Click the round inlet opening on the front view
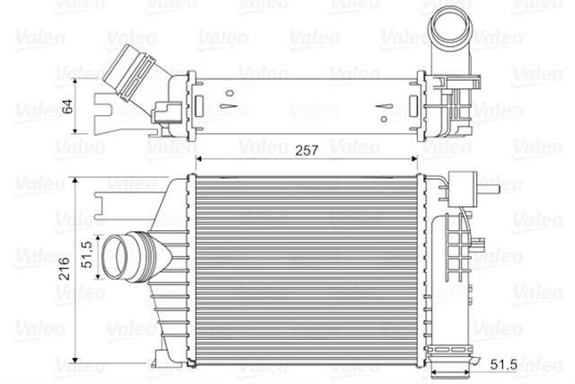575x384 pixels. click(x=117, y=257)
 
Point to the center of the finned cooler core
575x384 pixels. click(x=308, y=267)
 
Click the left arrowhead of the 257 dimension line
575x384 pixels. click(x=199, y=158)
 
